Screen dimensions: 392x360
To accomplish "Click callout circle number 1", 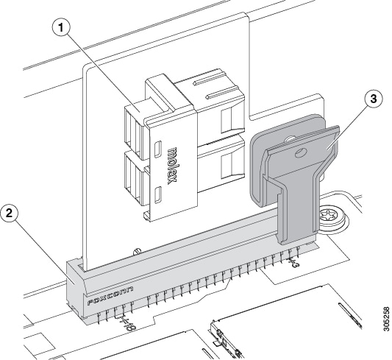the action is click(61, 28).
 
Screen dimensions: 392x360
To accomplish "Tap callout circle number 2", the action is click(10, 214).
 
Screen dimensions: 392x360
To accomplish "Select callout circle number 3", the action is click(374, 99).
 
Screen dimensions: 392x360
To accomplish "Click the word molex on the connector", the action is click(173, 166).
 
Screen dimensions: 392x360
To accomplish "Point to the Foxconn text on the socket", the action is click(110, 296).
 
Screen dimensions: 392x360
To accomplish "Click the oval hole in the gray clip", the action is click(300, 153).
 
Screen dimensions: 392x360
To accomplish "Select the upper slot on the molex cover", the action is click(158, 149).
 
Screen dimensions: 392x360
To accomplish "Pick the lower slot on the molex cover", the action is click(158, 194).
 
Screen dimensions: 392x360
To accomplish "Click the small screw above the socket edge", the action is click(137, 250).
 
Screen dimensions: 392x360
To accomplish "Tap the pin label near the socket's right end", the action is click(293, 261).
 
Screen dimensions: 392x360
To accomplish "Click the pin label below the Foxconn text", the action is click(126, 322).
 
